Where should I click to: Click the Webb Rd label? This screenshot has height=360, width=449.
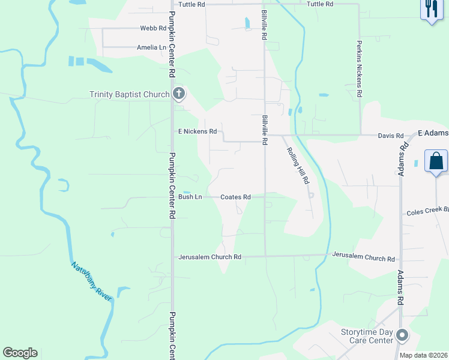click(x=152, y=28)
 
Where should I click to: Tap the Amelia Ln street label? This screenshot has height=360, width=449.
click(x=151, y=47)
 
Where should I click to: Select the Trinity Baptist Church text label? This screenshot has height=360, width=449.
click(x=130, y=94)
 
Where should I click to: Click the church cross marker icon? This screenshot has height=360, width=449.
click(x=178, y=93)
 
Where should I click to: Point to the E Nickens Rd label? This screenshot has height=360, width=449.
click(x=197, y=131)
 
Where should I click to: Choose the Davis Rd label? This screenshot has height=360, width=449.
click(x=390, y=136)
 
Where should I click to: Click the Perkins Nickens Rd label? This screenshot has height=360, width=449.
click(x=359, y=69)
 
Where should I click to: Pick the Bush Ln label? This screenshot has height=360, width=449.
click(x=190, y=197)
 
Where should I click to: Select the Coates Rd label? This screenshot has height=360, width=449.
click(x=235, y=197)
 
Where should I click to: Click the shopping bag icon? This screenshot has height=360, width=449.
click(x=436, y=161)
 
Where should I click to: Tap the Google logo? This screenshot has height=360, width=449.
click(x=20, y=353)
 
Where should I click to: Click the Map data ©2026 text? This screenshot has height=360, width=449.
click(x=423, y=355)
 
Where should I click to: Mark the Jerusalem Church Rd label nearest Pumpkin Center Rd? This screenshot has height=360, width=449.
click(x=209, y=257)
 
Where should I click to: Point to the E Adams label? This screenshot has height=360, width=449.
click(x=433, y=132)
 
